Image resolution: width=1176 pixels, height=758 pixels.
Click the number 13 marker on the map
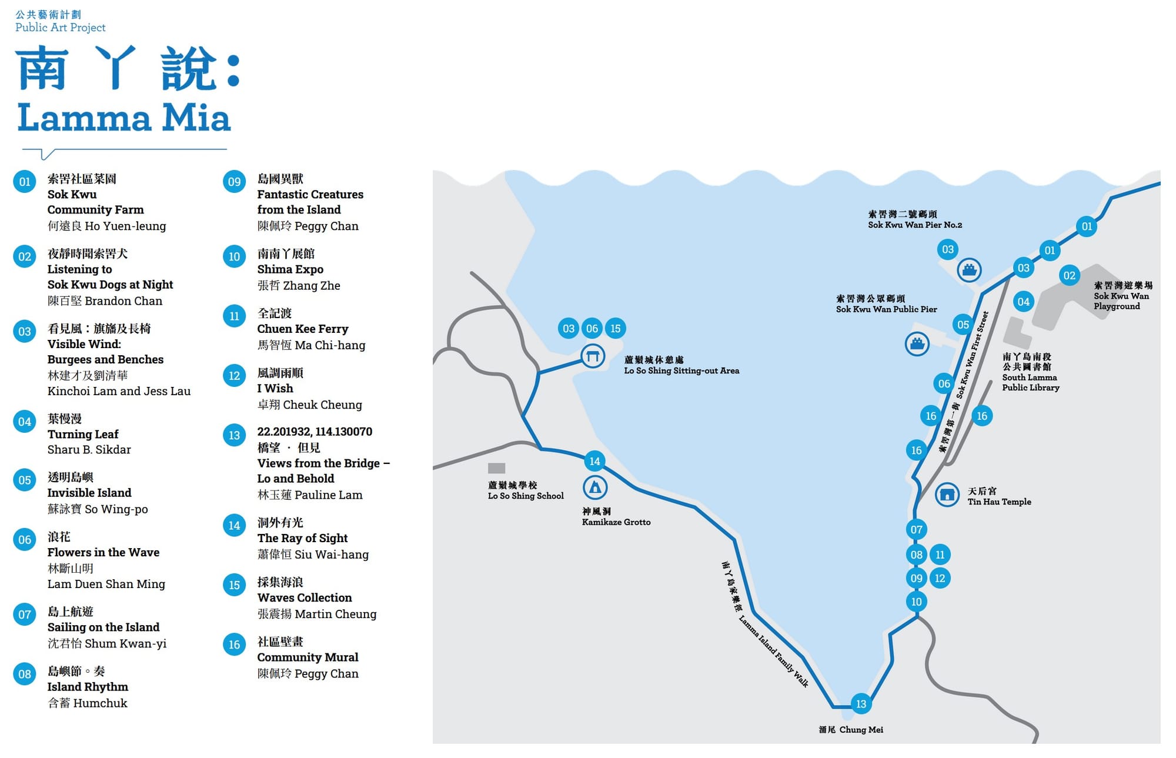pyautogui.click(x=861, y=704)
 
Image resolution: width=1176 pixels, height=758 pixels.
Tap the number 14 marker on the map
pyautogui.click(x=594, y=461)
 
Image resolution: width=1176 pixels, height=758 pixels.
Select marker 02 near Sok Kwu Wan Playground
pyautogui.click(x=1069, y=275)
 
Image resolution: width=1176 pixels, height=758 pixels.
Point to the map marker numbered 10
pyautogui.click(x=916, y=602)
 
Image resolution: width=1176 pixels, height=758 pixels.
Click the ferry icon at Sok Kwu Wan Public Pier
pyautogui.click(x=917, y=343)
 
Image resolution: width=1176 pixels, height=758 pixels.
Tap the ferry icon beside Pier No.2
pyautogui.click(x=969, y=270)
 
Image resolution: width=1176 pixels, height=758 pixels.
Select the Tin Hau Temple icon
pyautogui.click(x=947, y=495)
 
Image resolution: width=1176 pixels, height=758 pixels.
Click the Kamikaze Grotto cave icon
pyautogui.click(x=594, y=487)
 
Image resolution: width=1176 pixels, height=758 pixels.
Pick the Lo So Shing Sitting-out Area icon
pyautogui.click(x=593, y=356)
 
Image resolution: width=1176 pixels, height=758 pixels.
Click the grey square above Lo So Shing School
pyautogui.click(x=496, y=468)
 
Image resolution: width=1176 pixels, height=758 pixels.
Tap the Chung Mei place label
pyautogui.click(x=851, y=730)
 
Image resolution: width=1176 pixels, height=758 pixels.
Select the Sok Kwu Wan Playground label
pyautogui.click(x=1121, y=296)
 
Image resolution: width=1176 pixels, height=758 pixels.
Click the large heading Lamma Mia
pyautogui.click(x=124, y=118)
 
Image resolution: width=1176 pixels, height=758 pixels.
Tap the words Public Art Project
pyautogui.click(x=60, y=28)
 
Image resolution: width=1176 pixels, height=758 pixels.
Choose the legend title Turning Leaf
pyautogui.click(x=83, y=434)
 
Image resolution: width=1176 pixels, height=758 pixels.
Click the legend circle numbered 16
pyautogui.click(x=234, y=645)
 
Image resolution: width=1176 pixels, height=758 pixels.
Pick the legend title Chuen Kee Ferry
pyautogui.click(x=302, y=329)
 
